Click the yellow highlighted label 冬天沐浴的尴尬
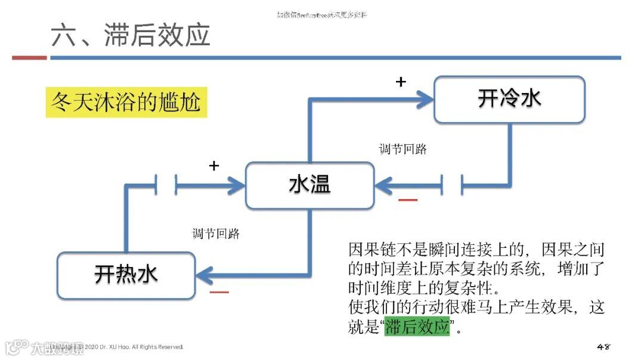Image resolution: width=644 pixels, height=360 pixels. pyautogui.click(x=126, y=103)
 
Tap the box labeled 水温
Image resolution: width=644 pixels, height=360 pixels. pyautogui.click(x=310, y=185)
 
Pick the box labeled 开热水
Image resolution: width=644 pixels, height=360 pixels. pyautogui.click(x=126, y=275)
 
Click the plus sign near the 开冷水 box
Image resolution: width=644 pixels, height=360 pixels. pyautogui.click(x=401, y=82)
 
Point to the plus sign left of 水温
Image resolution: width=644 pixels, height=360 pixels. pyautogui.click(x=214, y=166)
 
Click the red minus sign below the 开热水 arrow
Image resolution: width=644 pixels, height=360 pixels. pyautogui.click(x=219, y=292)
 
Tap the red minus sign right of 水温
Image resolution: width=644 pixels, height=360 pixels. pyautogui.click(x=408, y=200)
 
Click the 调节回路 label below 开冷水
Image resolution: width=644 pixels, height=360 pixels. pyautogui.click(x=403, y=149)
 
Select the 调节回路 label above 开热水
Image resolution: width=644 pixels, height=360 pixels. pyautogui.click(x=216, y=234)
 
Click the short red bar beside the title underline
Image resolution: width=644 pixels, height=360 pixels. pyautogui.click(x=29, y=58)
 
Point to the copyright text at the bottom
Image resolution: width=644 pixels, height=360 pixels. pyautogui.click(x=134, y=347)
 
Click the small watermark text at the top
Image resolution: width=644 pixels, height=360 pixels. pyautogui.click(x=322, y=14)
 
